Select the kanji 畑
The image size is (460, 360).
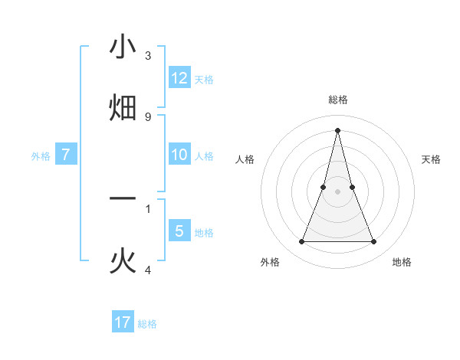pyautogui.click(x=123, y=107)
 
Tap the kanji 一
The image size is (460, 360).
pyautogui.click(x=123, y=198)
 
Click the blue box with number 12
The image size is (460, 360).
pyautogui.click(x=179, y=77)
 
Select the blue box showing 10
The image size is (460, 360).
pyautogui.click(x=179, y=154)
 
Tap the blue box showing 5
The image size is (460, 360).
pyautogui.click(x=179, y=231)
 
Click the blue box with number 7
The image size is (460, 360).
pyautogui.click(x=66, y=155)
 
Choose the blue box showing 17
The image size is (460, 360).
pyautogui.click(x=123, y=322)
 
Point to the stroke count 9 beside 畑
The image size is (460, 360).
pyautogui.click(x=148, y=116)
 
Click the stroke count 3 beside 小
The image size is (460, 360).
pyautogui.click(x=148, y=55)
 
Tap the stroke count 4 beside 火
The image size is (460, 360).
pyautogui.click(x=148, y=270)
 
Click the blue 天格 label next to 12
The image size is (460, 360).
pyautogui.click(x=204, y=79)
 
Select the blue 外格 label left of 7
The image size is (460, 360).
pyautogui.click(x=41, y=156)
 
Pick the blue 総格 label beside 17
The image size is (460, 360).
pyautogui.click(x=147, y=324)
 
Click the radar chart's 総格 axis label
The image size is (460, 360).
pyautogui.click(x=337, y=100)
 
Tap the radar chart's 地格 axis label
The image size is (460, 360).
pyautogui.click(x=402, y=262)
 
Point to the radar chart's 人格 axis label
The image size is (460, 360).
pyautogui.click(x=245, y=159)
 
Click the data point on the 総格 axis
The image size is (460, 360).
pyautogui.click(x=337, y=130)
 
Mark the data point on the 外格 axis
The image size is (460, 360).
pyautogui.click(x=301, y=242)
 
